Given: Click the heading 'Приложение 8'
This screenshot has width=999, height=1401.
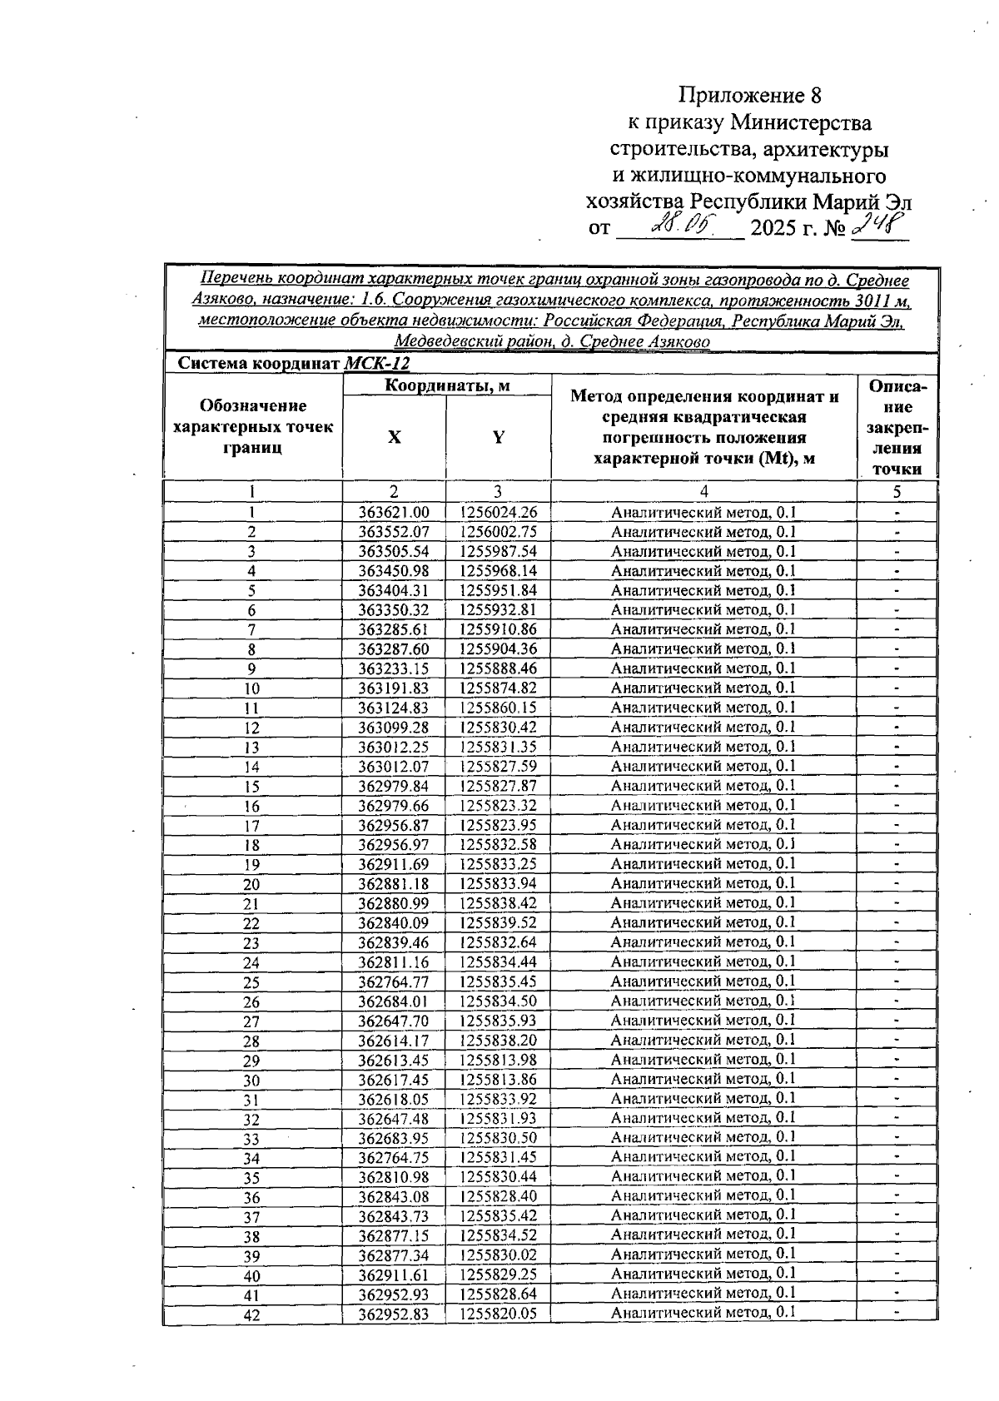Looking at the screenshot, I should coord(754,95).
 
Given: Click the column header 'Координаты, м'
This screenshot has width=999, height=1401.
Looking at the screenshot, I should coord(447,385).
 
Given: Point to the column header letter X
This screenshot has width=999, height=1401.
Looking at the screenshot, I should coord(394,437).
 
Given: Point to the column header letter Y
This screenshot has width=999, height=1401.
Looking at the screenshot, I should coord(498,437).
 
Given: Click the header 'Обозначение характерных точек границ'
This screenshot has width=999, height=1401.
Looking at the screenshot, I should coord(252,426).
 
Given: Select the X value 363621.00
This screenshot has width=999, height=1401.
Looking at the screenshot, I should coord(394,513).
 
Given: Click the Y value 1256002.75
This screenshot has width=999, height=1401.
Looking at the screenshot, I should coord(498,532).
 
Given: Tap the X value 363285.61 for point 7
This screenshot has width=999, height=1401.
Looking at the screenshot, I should coord(394,629).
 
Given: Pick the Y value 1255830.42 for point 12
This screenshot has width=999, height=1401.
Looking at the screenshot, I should coord(498,727).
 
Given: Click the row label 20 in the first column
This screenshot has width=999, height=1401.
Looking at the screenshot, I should coord(251,884).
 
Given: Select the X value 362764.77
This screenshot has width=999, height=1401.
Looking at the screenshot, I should coord(394,981).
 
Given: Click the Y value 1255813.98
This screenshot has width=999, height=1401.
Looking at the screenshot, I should coord(498,1059).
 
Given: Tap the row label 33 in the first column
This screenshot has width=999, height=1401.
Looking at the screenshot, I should coord(251,1139).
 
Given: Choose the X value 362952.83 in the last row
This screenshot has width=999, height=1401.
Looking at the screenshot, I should coord(394,1313).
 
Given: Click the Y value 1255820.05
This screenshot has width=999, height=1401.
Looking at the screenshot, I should coord(498,1313).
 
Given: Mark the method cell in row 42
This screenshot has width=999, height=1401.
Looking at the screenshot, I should coord(703,1313).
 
